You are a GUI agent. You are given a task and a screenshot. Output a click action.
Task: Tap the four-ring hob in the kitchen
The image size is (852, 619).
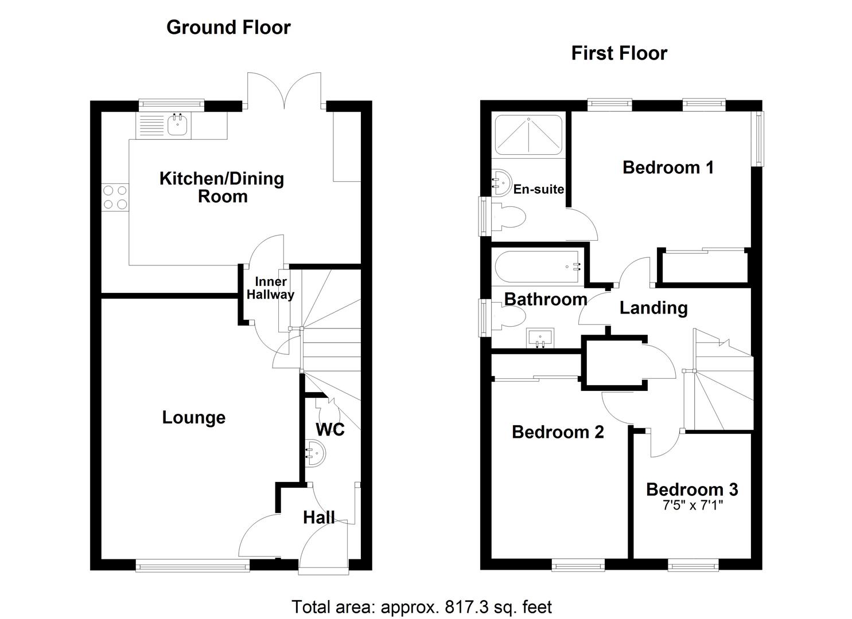[x=115, y=197]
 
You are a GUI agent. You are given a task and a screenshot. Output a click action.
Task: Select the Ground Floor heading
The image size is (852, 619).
[x=228, y=27]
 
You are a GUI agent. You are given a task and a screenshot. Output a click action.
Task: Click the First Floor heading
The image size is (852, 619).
[x=619, y=53]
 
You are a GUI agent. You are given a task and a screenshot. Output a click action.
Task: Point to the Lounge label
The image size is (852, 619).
[x=193, y=417]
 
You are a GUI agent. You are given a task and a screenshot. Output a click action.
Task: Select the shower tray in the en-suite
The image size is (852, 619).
[x=528, y=135]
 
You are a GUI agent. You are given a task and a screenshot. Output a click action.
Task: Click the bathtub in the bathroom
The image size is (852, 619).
[x=537, y=267]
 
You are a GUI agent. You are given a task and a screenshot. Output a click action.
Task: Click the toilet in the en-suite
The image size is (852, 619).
[x=508, y=217]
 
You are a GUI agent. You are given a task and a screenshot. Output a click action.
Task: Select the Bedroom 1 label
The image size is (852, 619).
[x=668, y=167]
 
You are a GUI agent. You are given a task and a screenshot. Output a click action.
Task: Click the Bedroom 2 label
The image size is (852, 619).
[x=558, y=432]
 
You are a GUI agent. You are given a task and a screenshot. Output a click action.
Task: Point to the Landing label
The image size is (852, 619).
[x=653, y=308]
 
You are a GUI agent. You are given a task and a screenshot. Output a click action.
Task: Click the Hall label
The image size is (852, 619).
[x=318, y=518]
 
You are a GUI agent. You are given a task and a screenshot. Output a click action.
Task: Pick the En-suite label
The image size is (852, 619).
[x=538, y=189]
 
